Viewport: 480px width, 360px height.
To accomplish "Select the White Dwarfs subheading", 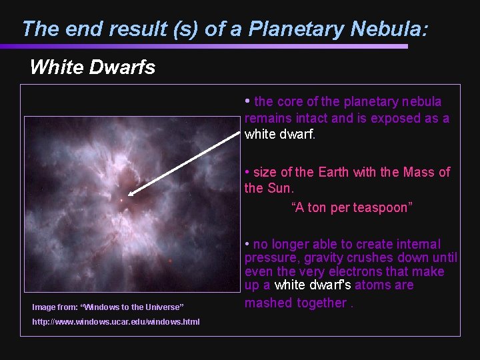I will [x=92, y=67].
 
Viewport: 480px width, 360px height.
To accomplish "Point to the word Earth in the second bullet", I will [x=333, y=172].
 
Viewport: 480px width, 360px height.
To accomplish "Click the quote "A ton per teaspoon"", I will [x=352, y=207].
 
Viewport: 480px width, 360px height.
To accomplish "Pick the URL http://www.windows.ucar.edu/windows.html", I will [x=116, y=322].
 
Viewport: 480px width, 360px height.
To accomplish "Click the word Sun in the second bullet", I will [x=279, y=188].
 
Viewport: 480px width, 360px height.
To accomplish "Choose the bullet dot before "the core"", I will [x=247, y=101].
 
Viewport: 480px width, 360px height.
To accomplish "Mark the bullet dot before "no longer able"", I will [x=247, y=244].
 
